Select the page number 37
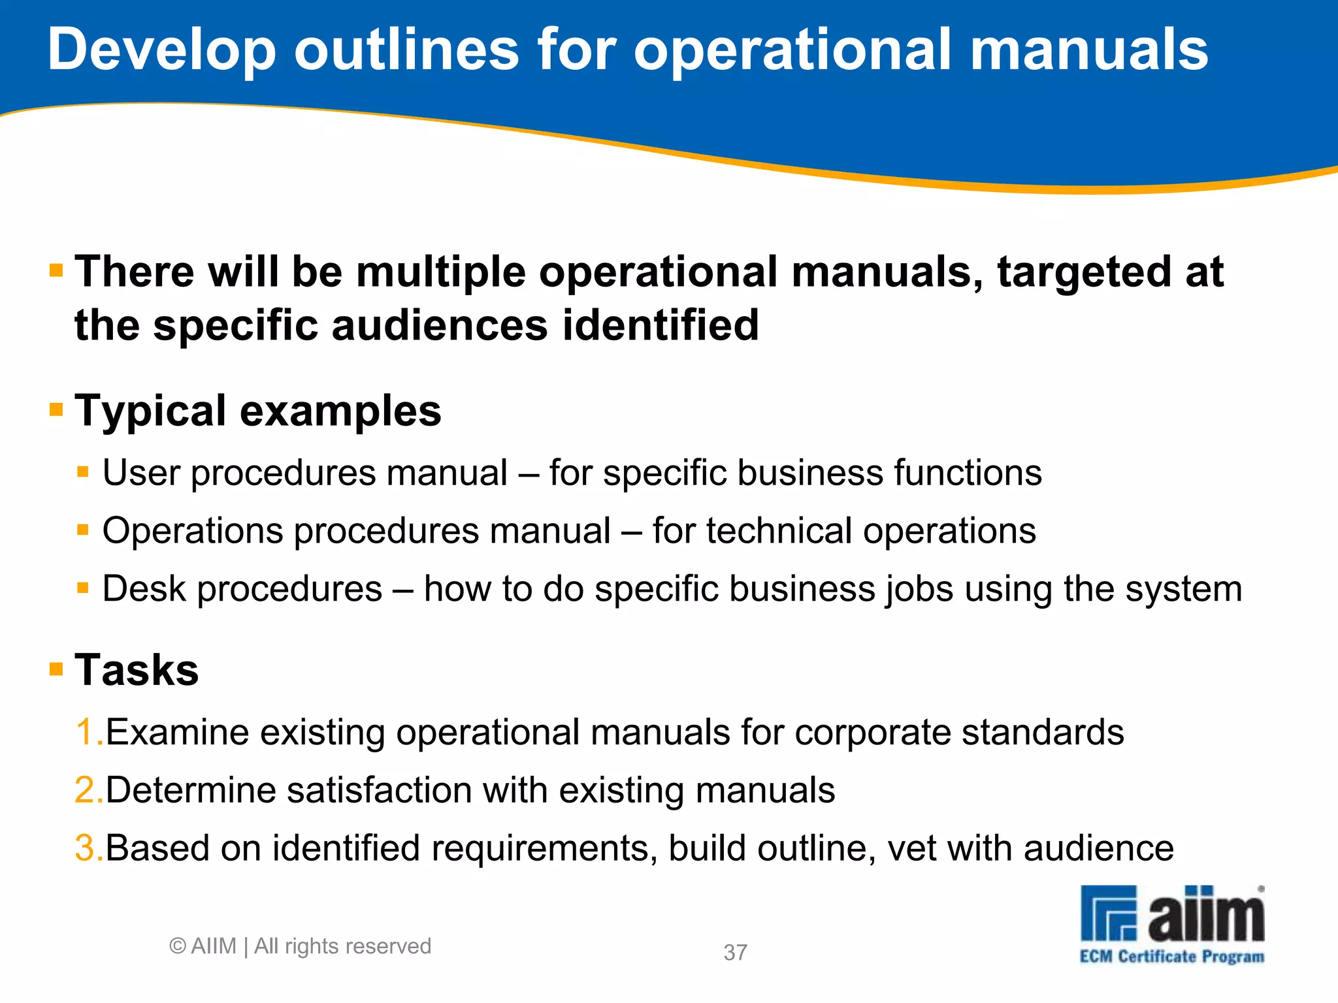tap(735, 953)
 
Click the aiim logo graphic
tap(1172, 914)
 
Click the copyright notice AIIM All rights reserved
tap(301, 946)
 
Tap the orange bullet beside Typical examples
tap(56, 410)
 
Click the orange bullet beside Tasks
tap(56, 669)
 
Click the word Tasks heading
tap(137, 670)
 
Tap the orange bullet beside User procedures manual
tap(82, 471)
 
